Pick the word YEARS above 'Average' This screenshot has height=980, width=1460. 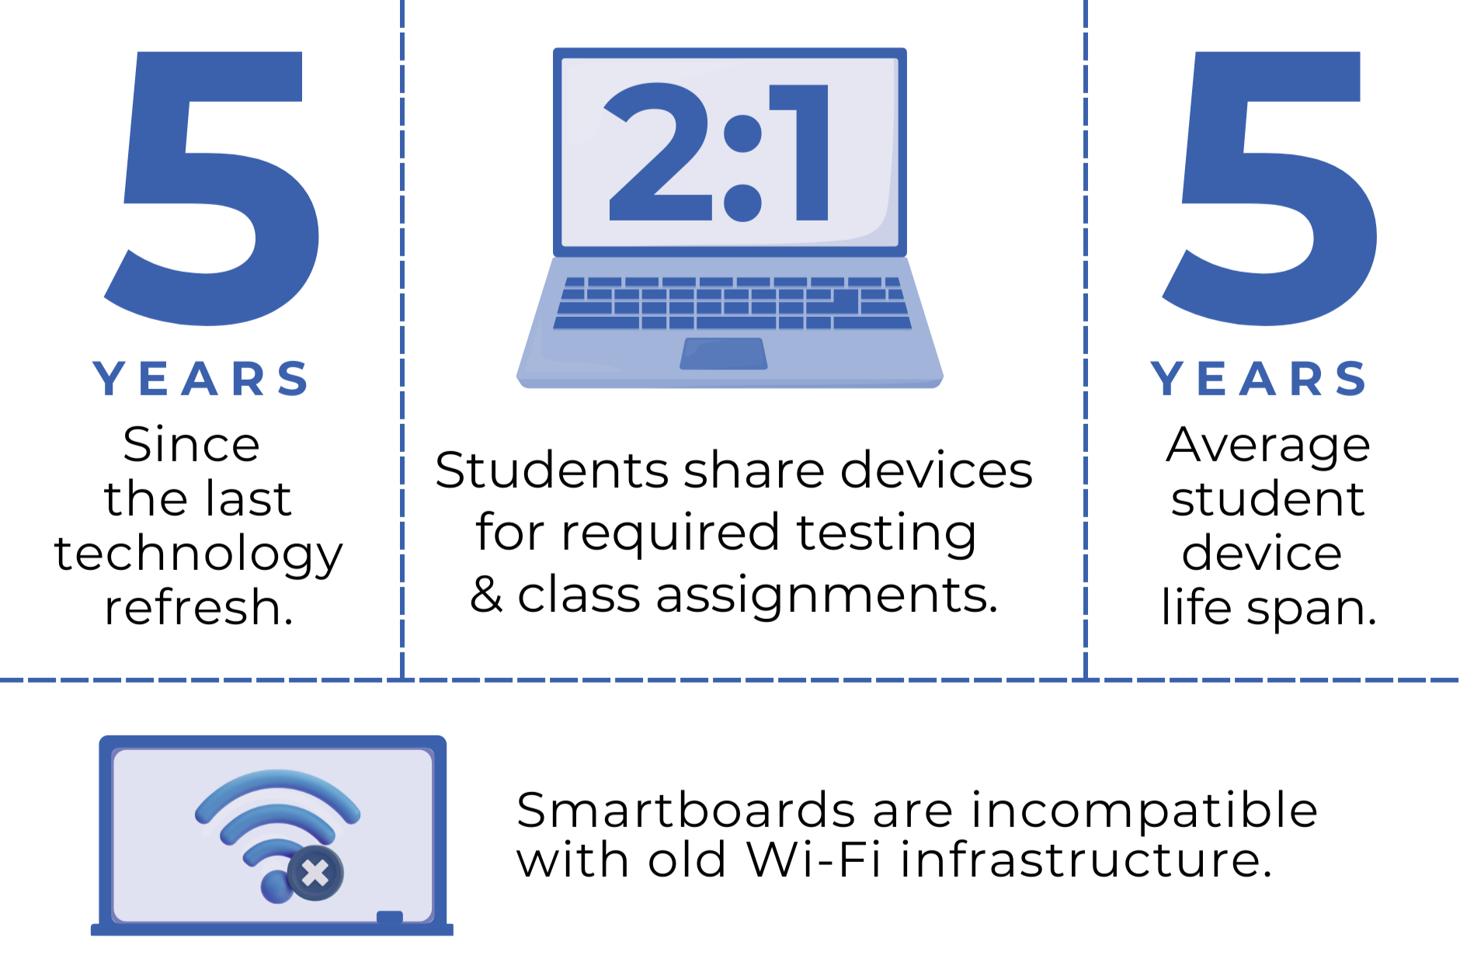coord(1259,379)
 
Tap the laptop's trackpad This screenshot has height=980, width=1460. coord(724,353)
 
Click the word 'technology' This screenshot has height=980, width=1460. coord(199,554)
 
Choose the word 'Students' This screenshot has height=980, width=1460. coord(552,471)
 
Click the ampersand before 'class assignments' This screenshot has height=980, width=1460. coord(487,595)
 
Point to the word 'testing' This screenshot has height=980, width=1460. coord(886,534)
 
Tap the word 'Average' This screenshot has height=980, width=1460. coord(1267,446)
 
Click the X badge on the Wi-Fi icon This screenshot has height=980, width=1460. coord(315,874)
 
